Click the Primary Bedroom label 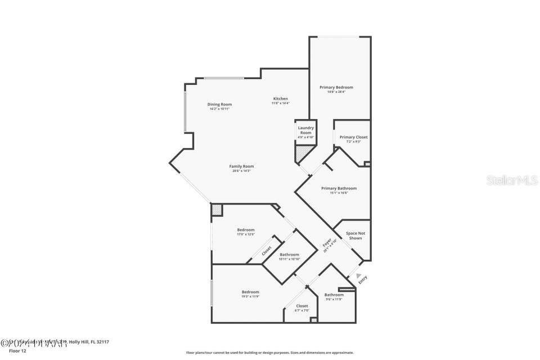(x=336, y=88)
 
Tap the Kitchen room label (x=280, y=99)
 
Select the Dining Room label (x=219, y=105)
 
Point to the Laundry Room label (x=306, y=130)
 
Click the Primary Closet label (x=353, y=137)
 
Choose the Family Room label (x=241, y=166)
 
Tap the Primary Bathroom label (x=339, y=189)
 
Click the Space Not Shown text (x=355, y=235)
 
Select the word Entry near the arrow (x=363, y=279)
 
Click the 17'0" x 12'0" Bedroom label (x=246, y=230)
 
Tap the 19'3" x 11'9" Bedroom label (x=250, y=292)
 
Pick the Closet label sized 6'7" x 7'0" (x=302, y=307)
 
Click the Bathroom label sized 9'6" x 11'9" (x=334, y=295)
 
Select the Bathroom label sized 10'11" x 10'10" (x=289, y=255)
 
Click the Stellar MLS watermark (x=512, y=181)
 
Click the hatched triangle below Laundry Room (x=303, y=152)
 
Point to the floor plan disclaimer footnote (x=270, y=353)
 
